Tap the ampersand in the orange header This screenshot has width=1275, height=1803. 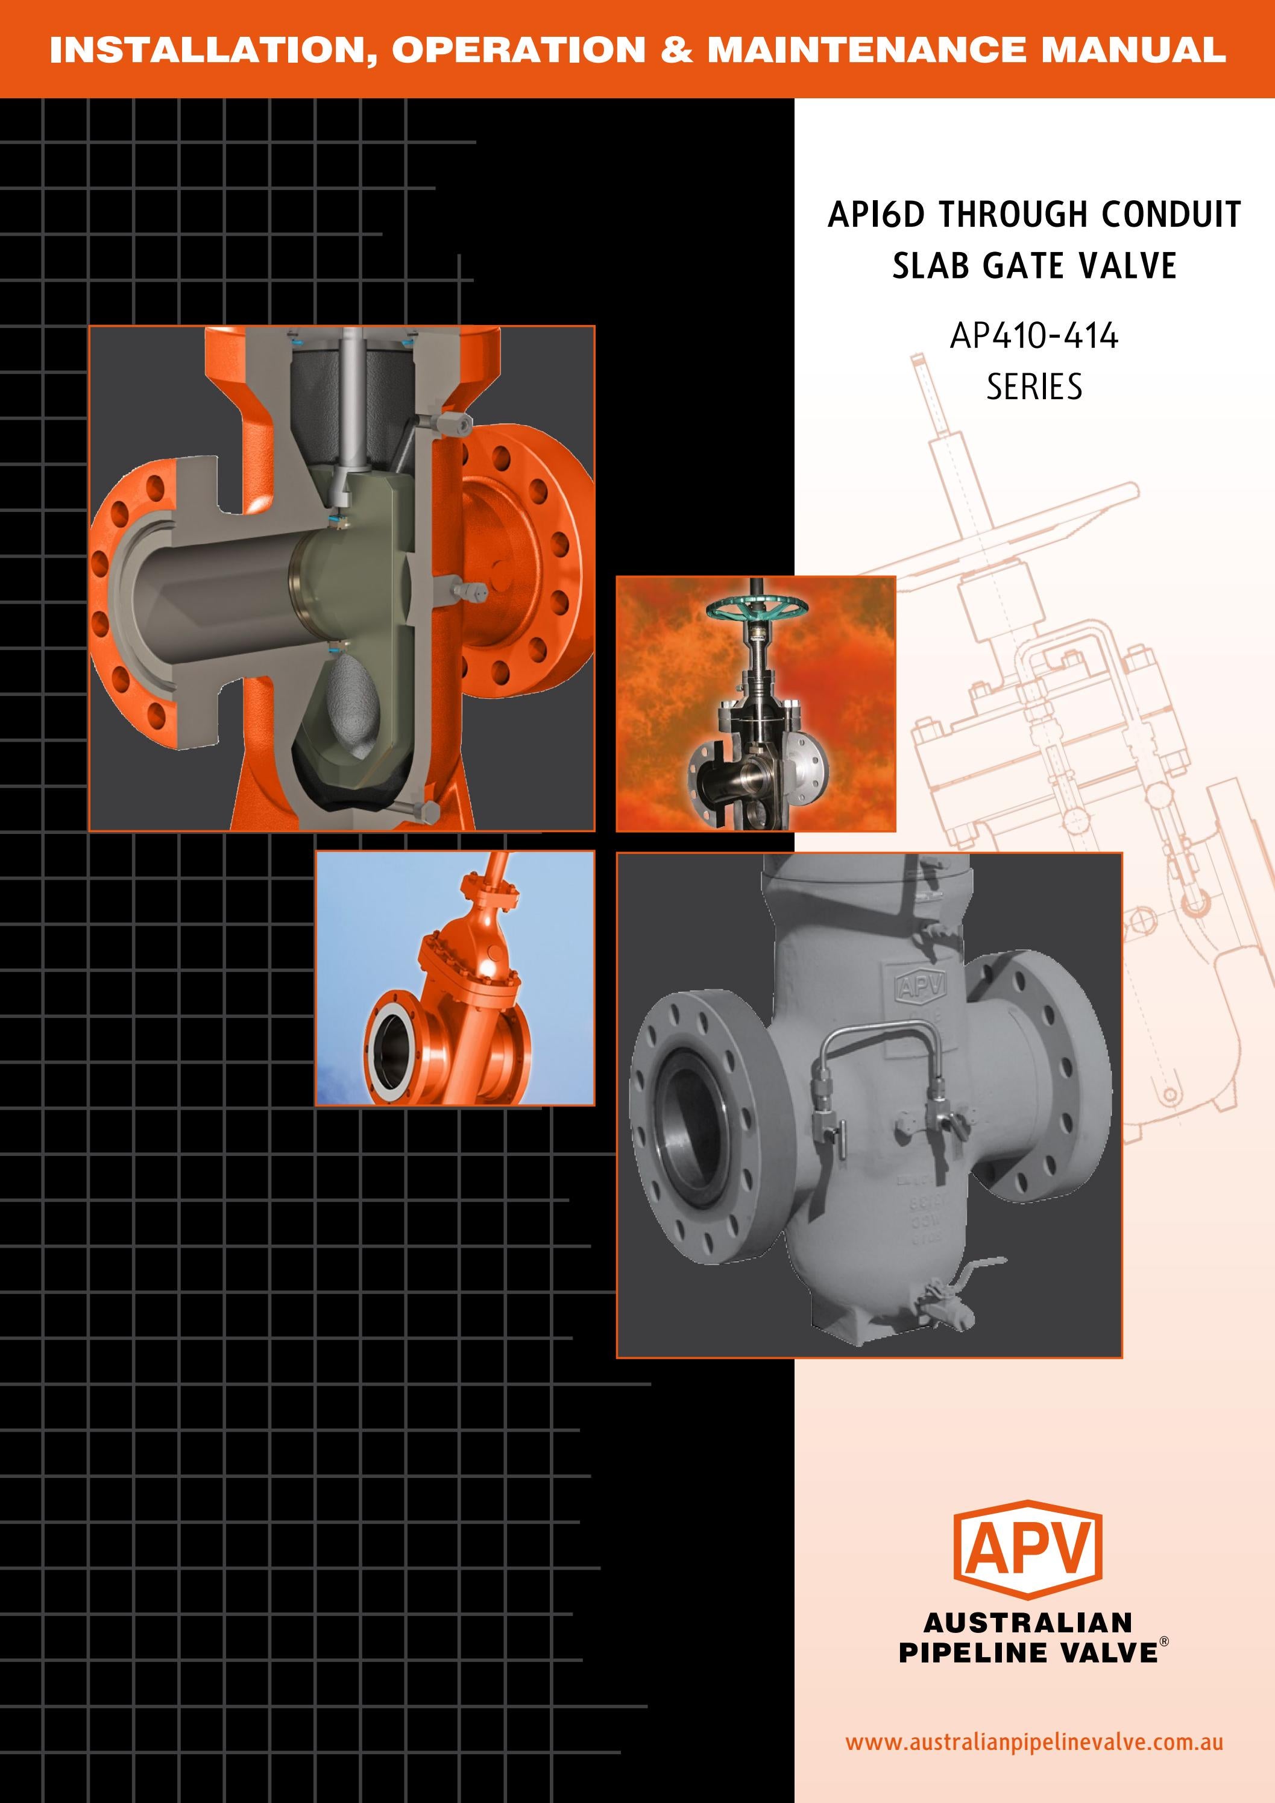(677, 49)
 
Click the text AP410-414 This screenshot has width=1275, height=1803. (1034, 336)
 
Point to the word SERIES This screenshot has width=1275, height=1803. (1034, 387)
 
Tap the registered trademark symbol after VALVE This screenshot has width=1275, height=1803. (1164, 1641)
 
